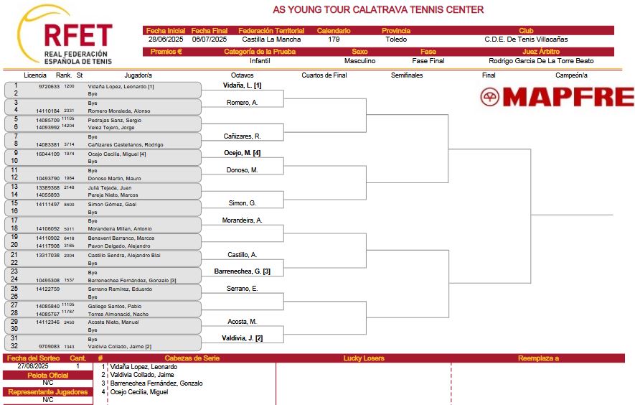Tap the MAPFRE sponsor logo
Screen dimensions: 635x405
click(558, 97)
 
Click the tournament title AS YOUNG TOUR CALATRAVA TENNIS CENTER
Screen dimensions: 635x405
click(378, 10)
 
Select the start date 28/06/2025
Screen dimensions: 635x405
click(166, 39)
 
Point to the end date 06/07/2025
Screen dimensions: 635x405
click(210, 39)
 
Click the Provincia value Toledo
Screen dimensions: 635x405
click(396, 39)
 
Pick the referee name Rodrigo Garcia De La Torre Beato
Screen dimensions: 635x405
click(541, 61)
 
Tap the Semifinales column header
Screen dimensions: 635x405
click(407, 75)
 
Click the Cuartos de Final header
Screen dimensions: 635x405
click(324, 75)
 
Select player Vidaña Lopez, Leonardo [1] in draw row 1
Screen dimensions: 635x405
click(121, 86)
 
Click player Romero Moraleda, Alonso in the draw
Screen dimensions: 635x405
click(119, 111)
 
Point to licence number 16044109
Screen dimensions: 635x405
click(48, 154)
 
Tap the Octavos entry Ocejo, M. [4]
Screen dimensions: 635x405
click(243, 153)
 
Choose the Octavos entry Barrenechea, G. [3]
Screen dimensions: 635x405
click(243, 271)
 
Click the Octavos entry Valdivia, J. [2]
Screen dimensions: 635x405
click(243, 338)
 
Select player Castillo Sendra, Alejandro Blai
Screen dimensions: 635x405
click(124, 256)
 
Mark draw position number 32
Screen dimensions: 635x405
click(14, 346)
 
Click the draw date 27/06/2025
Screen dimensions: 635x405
click(33, 366)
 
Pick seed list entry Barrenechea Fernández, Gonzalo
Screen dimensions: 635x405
click(156, 383)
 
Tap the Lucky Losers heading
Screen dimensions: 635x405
click(364, 358)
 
